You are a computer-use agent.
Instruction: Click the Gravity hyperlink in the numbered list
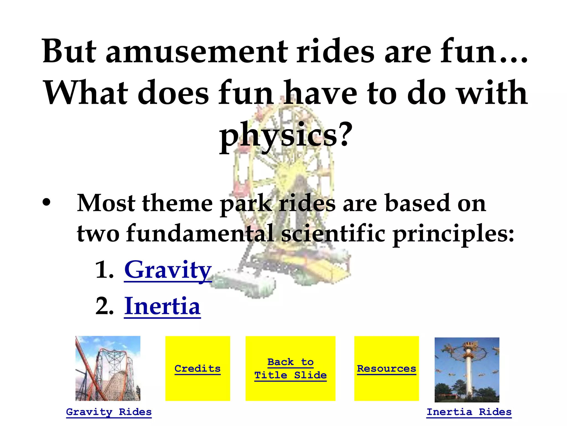[168, 270]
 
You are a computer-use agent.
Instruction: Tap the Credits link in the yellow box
[197, 369]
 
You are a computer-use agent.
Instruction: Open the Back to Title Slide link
[290, 369]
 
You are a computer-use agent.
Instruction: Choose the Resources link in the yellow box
[386, 369]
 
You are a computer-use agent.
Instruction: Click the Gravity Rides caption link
[109, 412]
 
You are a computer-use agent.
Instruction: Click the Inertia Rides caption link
[469, 412]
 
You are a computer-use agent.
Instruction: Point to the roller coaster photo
[108, 368]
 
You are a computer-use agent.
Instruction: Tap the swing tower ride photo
[467, 370]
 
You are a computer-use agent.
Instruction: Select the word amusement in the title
[197, 51]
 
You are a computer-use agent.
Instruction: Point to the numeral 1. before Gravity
[104, 271]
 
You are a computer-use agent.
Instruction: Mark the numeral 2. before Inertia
[104, 307]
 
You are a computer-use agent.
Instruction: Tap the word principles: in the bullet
[453, 234]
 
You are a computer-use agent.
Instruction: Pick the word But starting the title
[69, 51]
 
